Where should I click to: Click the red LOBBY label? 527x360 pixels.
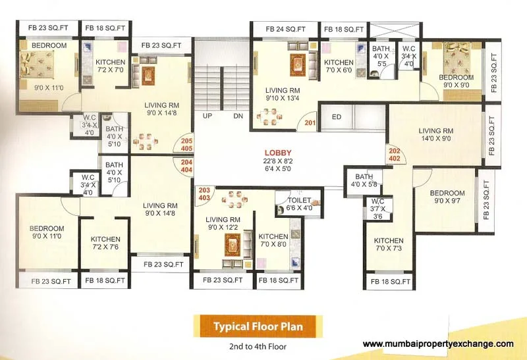pos(278,153)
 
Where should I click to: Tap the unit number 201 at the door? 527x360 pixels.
pos(310,123)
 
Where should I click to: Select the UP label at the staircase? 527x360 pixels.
pos(208,116)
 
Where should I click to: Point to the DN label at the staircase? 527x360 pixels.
pos(238,116)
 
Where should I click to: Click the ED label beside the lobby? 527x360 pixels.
pos(337,117)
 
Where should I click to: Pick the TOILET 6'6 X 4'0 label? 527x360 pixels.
pos(299,204)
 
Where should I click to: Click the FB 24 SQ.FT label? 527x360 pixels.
pos(286,29)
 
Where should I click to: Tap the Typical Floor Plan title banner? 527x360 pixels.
pos(258,326)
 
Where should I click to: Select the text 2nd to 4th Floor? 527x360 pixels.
pos(258,346)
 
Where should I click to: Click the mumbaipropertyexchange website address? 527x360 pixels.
pos(438,344)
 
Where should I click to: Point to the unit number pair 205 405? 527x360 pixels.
pos(186,145)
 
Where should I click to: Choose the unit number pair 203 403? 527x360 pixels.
pos(204,194)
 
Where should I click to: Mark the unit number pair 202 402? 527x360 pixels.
pos(395,155)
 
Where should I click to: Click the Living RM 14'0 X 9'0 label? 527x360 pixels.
pos(436,135)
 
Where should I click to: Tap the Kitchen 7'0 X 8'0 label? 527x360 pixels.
pos(273,240)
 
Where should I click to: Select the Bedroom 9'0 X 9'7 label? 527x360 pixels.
pos(447,197)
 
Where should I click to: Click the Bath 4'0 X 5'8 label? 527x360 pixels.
pos(364,180)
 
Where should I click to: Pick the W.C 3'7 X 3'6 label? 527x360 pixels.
pos(377,209)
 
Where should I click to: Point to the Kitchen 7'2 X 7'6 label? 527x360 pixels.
pos(105,243)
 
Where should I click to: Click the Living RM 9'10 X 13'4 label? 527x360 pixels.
pos(283,94)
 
